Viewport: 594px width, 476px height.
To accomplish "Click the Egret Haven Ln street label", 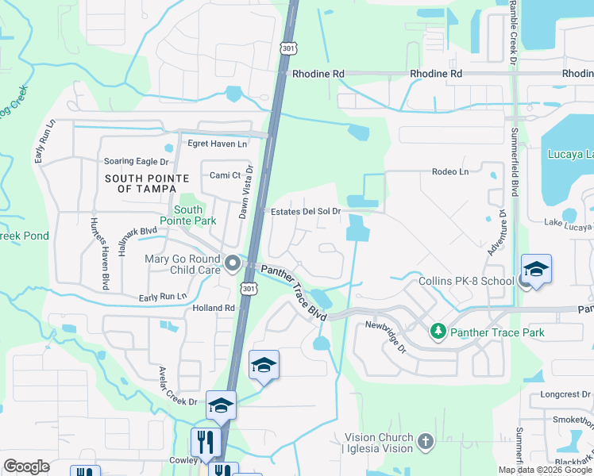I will [x=217, y=144].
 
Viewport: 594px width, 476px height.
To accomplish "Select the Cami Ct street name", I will [x=225, y=175].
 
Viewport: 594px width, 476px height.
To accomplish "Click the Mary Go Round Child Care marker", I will [x=232, y=263].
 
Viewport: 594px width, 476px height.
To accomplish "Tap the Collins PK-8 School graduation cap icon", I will [x=536, y=269].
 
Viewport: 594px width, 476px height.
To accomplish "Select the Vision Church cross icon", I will [x=426, y=440].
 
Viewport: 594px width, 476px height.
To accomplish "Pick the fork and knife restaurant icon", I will [x=206, y=441].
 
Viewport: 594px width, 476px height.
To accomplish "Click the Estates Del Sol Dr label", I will [x=306, y=212].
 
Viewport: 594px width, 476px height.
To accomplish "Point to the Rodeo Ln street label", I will [x=450, y=171].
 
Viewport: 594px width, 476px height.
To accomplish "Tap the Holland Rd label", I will [x=214, y=308].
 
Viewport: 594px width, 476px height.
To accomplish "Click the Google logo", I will [x=27, y=466].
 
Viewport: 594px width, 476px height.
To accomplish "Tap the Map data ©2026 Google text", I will [x=545, y=469].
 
